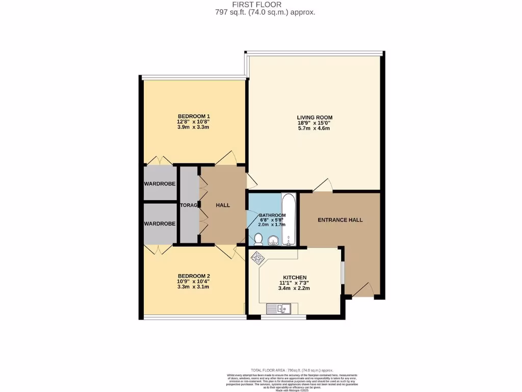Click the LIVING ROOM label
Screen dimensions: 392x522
coord(315,117)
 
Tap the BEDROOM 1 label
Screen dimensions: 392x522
coord(193,116)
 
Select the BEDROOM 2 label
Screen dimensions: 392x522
coord(193,276)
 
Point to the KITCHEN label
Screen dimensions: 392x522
coord(294,277)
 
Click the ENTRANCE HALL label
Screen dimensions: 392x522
coord(340,220)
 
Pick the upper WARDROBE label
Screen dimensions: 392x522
coord(160,184)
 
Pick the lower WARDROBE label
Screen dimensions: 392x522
coord(160,224)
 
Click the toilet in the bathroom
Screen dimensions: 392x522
coord(258,239)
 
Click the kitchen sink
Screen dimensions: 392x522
coord(278,308)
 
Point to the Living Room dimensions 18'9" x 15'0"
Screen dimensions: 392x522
coord(315,123)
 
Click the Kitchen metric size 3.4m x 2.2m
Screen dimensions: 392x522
coord(294,288)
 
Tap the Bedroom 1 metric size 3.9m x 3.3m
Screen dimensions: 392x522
coord(193,127)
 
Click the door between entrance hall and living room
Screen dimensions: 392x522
coord(322,186)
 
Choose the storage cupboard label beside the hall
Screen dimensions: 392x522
coord(188,205)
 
